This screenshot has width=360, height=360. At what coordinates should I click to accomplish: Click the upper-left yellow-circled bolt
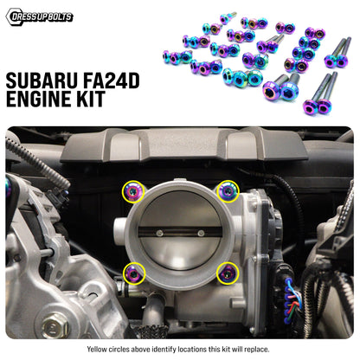(133, 190)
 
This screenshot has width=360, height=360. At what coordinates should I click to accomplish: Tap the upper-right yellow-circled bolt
(228, 190)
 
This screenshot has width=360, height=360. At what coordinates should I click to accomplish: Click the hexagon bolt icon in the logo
(12, 16)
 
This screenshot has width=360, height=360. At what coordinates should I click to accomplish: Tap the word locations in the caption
(195, 349)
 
